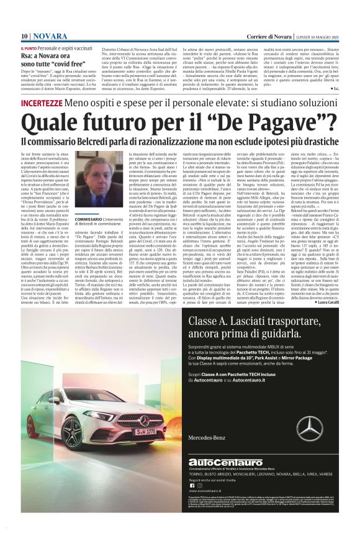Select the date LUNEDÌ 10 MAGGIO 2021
316,35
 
